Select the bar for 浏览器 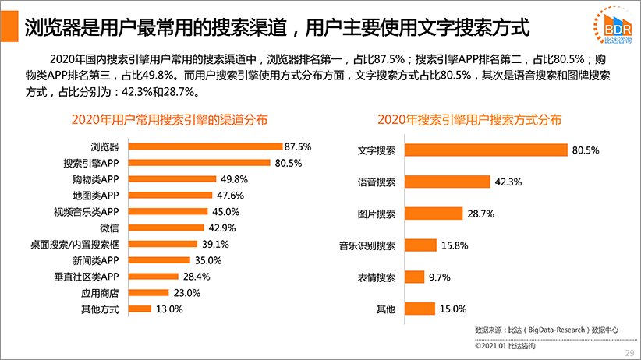[204, 146]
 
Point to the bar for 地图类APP [169, 195]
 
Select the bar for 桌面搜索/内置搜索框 [162, 244]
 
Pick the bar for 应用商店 [148, 293]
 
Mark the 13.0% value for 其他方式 [169, 309]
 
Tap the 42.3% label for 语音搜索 [508, 182]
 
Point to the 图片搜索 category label [376, 214]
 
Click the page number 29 [629, 352]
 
